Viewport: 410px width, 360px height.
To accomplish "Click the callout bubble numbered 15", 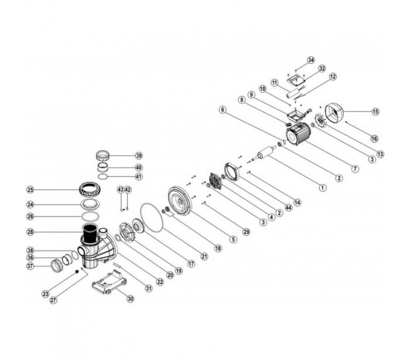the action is (375, 111).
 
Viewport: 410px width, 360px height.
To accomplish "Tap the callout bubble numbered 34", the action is (311, 60).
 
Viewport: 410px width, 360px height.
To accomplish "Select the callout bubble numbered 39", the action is (139, 155).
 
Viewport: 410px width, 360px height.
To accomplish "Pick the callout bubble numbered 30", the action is (130, 298).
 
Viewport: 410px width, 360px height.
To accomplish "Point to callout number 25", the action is (30, 189).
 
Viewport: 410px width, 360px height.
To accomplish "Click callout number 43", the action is (121, 189).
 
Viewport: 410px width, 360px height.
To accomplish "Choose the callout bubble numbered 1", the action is (323, 188).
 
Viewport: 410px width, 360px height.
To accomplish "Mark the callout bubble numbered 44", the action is (288, 208).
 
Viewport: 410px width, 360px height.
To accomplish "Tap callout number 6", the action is (223, 110).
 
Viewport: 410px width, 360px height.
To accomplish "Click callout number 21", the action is (204, 257).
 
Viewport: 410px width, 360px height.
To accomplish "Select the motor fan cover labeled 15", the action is (334, 114).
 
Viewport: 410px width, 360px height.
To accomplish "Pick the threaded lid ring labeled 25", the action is (90, 189).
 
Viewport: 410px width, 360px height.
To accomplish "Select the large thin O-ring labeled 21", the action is (152, 216).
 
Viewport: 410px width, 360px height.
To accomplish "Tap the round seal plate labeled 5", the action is (180, 201).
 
